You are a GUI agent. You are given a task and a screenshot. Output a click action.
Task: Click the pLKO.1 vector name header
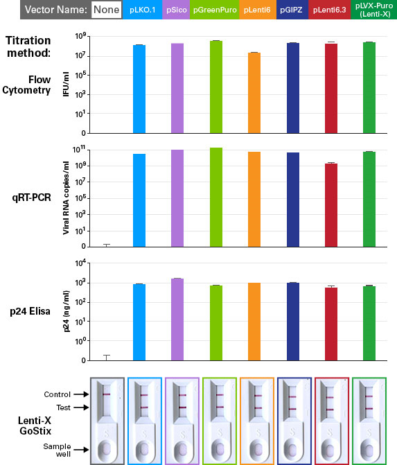tap(143, 10)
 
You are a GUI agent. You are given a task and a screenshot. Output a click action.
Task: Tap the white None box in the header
tap(107, 10)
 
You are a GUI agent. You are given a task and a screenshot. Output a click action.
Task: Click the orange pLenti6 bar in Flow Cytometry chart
tap(254, 93)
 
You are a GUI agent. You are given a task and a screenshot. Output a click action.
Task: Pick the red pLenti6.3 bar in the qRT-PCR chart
tap(331, 205)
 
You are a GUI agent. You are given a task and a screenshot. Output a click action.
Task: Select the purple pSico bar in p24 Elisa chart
tap(177, 319)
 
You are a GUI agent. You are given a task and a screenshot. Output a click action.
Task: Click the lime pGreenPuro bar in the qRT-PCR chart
tap(216, 198)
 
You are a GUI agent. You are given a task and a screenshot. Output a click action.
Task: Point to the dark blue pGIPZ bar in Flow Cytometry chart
tap(293, 88)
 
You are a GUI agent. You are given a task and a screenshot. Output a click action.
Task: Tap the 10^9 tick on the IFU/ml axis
tap(80, 36)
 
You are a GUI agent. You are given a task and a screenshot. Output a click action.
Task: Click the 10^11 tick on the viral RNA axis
tap(79, 149)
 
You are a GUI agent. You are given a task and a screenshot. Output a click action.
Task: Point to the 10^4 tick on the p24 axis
tap(80, 263)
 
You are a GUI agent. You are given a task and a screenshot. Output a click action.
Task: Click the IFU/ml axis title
tap(66, 85)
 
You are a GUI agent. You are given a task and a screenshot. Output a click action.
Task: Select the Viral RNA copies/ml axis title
tap(66, 198)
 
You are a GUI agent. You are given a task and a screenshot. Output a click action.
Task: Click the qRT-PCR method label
tap(31, 198)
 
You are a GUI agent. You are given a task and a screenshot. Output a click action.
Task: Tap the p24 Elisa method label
tap(30, 311)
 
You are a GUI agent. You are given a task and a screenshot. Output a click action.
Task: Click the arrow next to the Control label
tap(81, 394)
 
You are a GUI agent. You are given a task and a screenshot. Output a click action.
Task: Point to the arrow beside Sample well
tap(81, 450)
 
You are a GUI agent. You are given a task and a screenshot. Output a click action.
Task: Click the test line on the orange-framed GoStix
tap(258, 408)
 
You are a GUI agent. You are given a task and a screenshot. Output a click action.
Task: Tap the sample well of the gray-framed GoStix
tap(107, 448)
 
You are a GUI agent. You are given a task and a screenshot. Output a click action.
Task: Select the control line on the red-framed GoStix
tap(330, 397)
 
